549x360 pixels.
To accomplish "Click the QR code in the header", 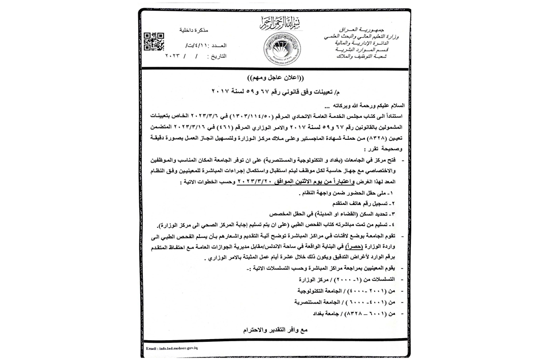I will tap(154, 42).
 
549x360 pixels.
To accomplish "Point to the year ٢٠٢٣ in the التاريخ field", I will tap(174, 56).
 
